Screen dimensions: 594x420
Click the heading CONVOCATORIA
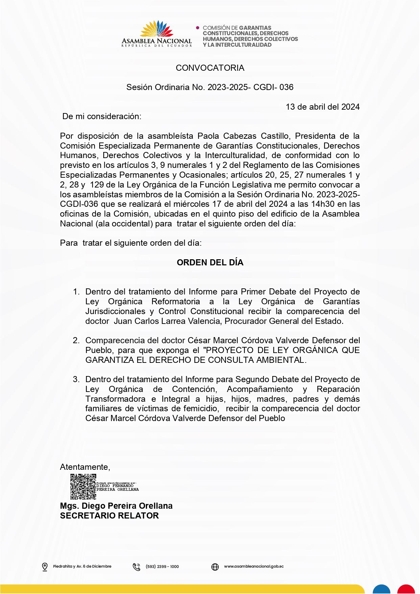point(210,68)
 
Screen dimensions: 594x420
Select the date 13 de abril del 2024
point(322,107)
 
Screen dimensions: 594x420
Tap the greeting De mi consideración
point(102,116)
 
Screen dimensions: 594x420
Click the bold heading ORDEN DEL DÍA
point(210,263)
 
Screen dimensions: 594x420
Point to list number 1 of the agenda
point(76,292)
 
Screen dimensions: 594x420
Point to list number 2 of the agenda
point(76,340)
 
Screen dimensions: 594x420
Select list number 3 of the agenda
point(76,379)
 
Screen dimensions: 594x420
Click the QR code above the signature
point(83,487)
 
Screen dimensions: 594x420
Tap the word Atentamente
point(85,467)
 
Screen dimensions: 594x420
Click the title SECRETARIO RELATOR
point(109,516)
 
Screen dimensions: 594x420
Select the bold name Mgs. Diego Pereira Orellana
point(116,506)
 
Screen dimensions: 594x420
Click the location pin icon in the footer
point(45,567)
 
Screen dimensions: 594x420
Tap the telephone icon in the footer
point(136,567)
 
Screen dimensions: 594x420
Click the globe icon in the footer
point(215,567)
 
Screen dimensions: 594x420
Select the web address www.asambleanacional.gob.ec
point(254,566)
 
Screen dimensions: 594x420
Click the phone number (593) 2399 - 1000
point(162,567)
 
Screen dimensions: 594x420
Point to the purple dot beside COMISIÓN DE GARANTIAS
point(198,28)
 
